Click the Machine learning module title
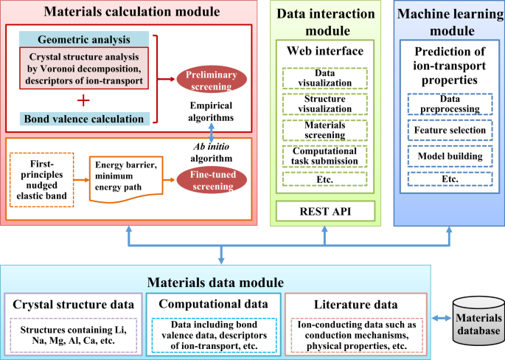tap(447, 23)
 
